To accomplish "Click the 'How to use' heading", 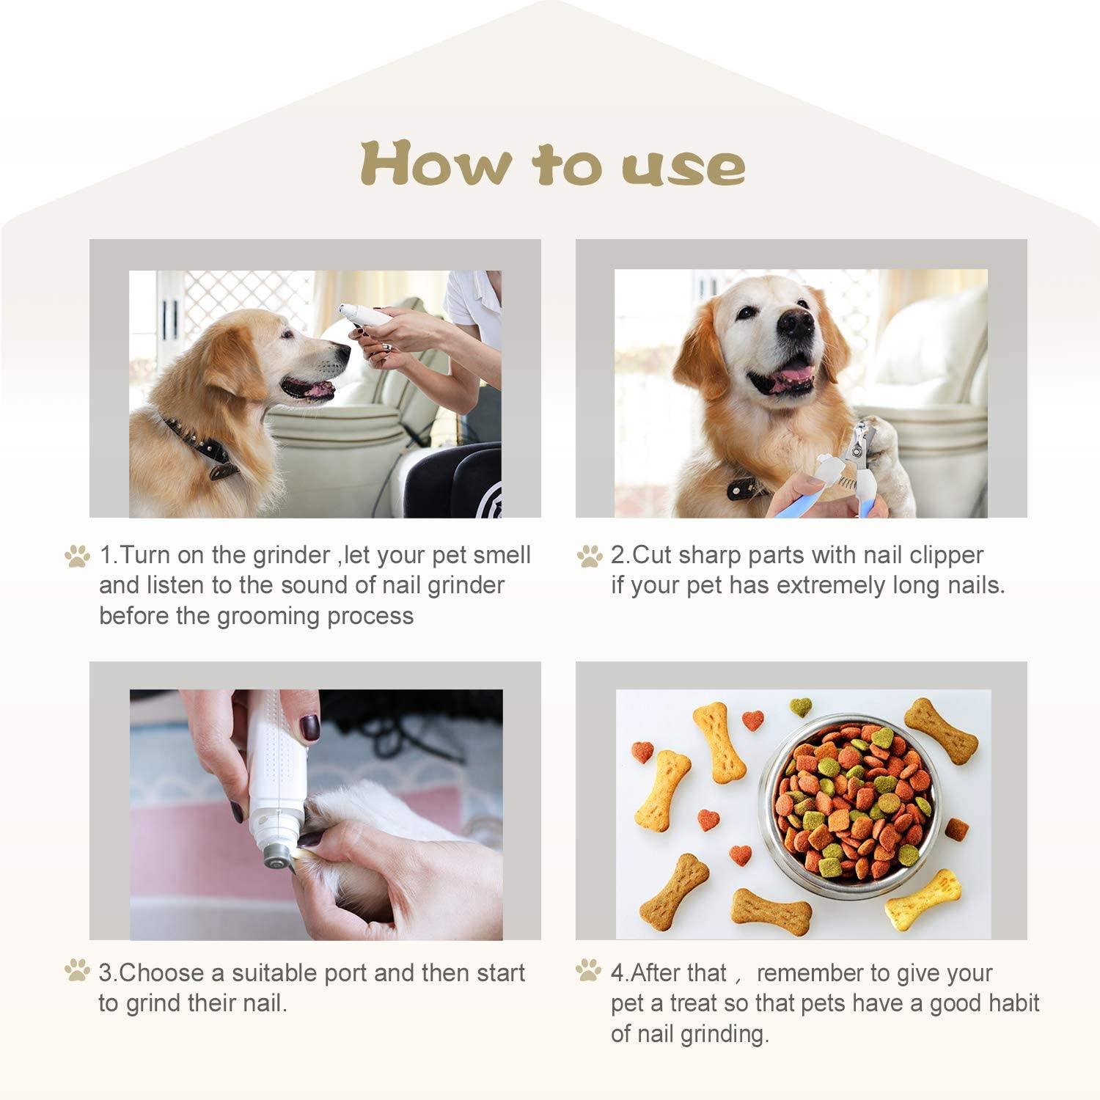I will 551,165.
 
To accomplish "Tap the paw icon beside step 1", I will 77,556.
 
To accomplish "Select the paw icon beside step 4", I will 588,972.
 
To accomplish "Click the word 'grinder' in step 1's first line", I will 291,555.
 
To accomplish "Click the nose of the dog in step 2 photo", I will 795,323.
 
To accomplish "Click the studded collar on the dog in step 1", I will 198,444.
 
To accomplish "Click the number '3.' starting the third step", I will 108,973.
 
